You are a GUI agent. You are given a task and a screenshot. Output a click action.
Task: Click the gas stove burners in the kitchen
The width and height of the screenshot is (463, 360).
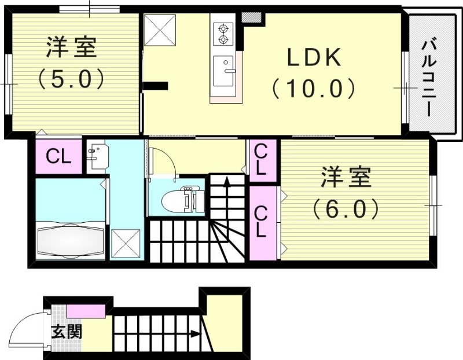222,33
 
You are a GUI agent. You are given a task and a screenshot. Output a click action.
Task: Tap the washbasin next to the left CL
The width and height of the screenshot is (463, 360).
95,156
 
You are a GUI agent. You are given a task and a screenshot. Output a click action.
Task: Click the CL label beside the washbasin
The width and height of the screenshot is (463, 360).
58,156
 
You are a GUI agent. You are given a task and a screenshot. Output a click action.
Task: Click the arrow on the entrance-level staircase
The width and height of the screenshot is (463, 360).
193,334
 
